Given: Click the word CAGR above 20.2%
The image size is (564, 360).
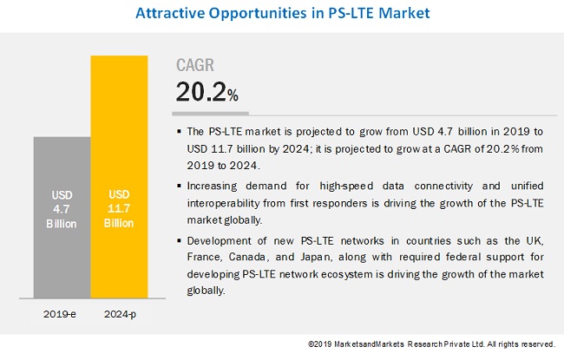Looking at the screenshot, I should coord(195,64).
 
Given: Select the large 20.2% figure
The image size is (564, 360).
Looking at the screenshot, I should coord(207,91).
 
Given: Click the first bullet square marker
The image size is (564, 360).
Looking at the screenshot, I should coord(178,132).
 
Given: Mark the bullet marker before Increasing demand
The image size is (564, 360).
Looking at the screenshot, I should coord(178,187).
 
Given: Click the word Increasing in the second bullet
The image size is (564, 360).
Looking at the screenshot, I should coord(217,187).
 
